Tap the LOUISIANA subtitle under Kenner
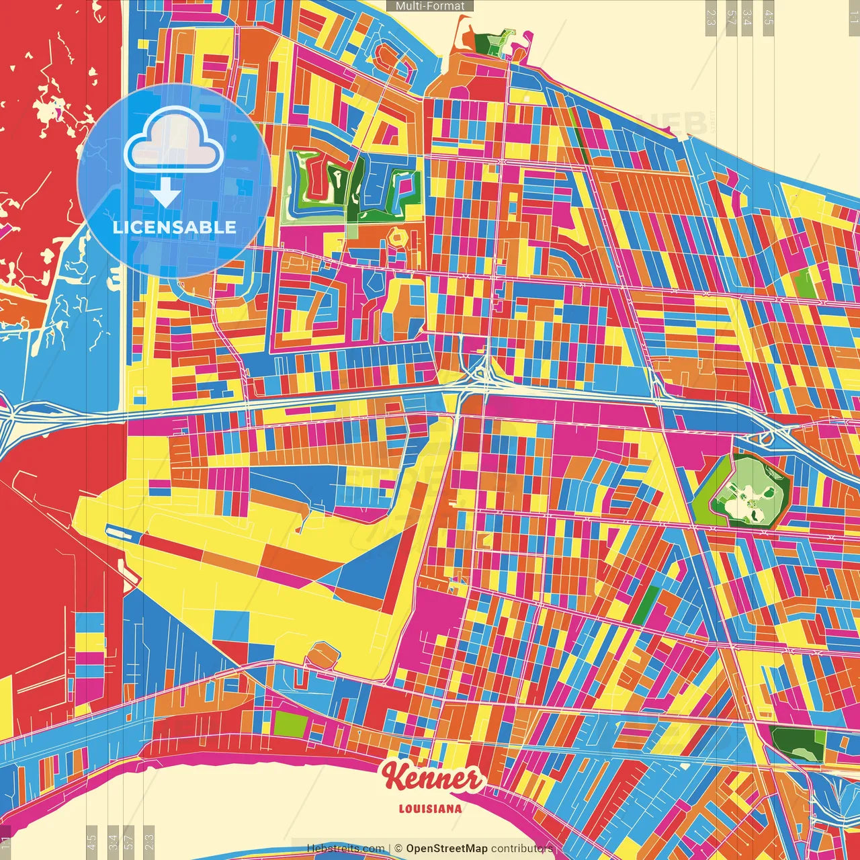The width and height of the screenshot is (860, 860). (430, 809)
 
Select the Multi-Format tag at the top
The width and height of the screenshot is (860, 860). (430, 6)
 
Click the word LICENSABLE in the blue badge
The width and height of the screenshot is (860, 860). (175, 227)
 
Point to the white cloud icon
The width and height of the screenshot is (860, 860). (173, 139)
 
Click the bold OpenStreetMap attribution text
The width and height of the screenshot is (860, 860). (447, 849)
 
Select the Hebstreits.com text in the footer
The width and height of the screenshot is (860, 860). (345, 849)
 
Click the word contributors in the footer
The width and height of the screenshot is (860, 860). (522, 849)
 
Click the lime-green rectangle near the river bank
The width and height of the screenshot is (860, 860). (290, 724)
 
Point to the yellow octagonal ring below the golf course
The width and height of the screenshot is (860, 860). (398, 236)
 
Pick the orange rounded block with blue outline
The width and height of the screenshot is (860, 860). (321, 655)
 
